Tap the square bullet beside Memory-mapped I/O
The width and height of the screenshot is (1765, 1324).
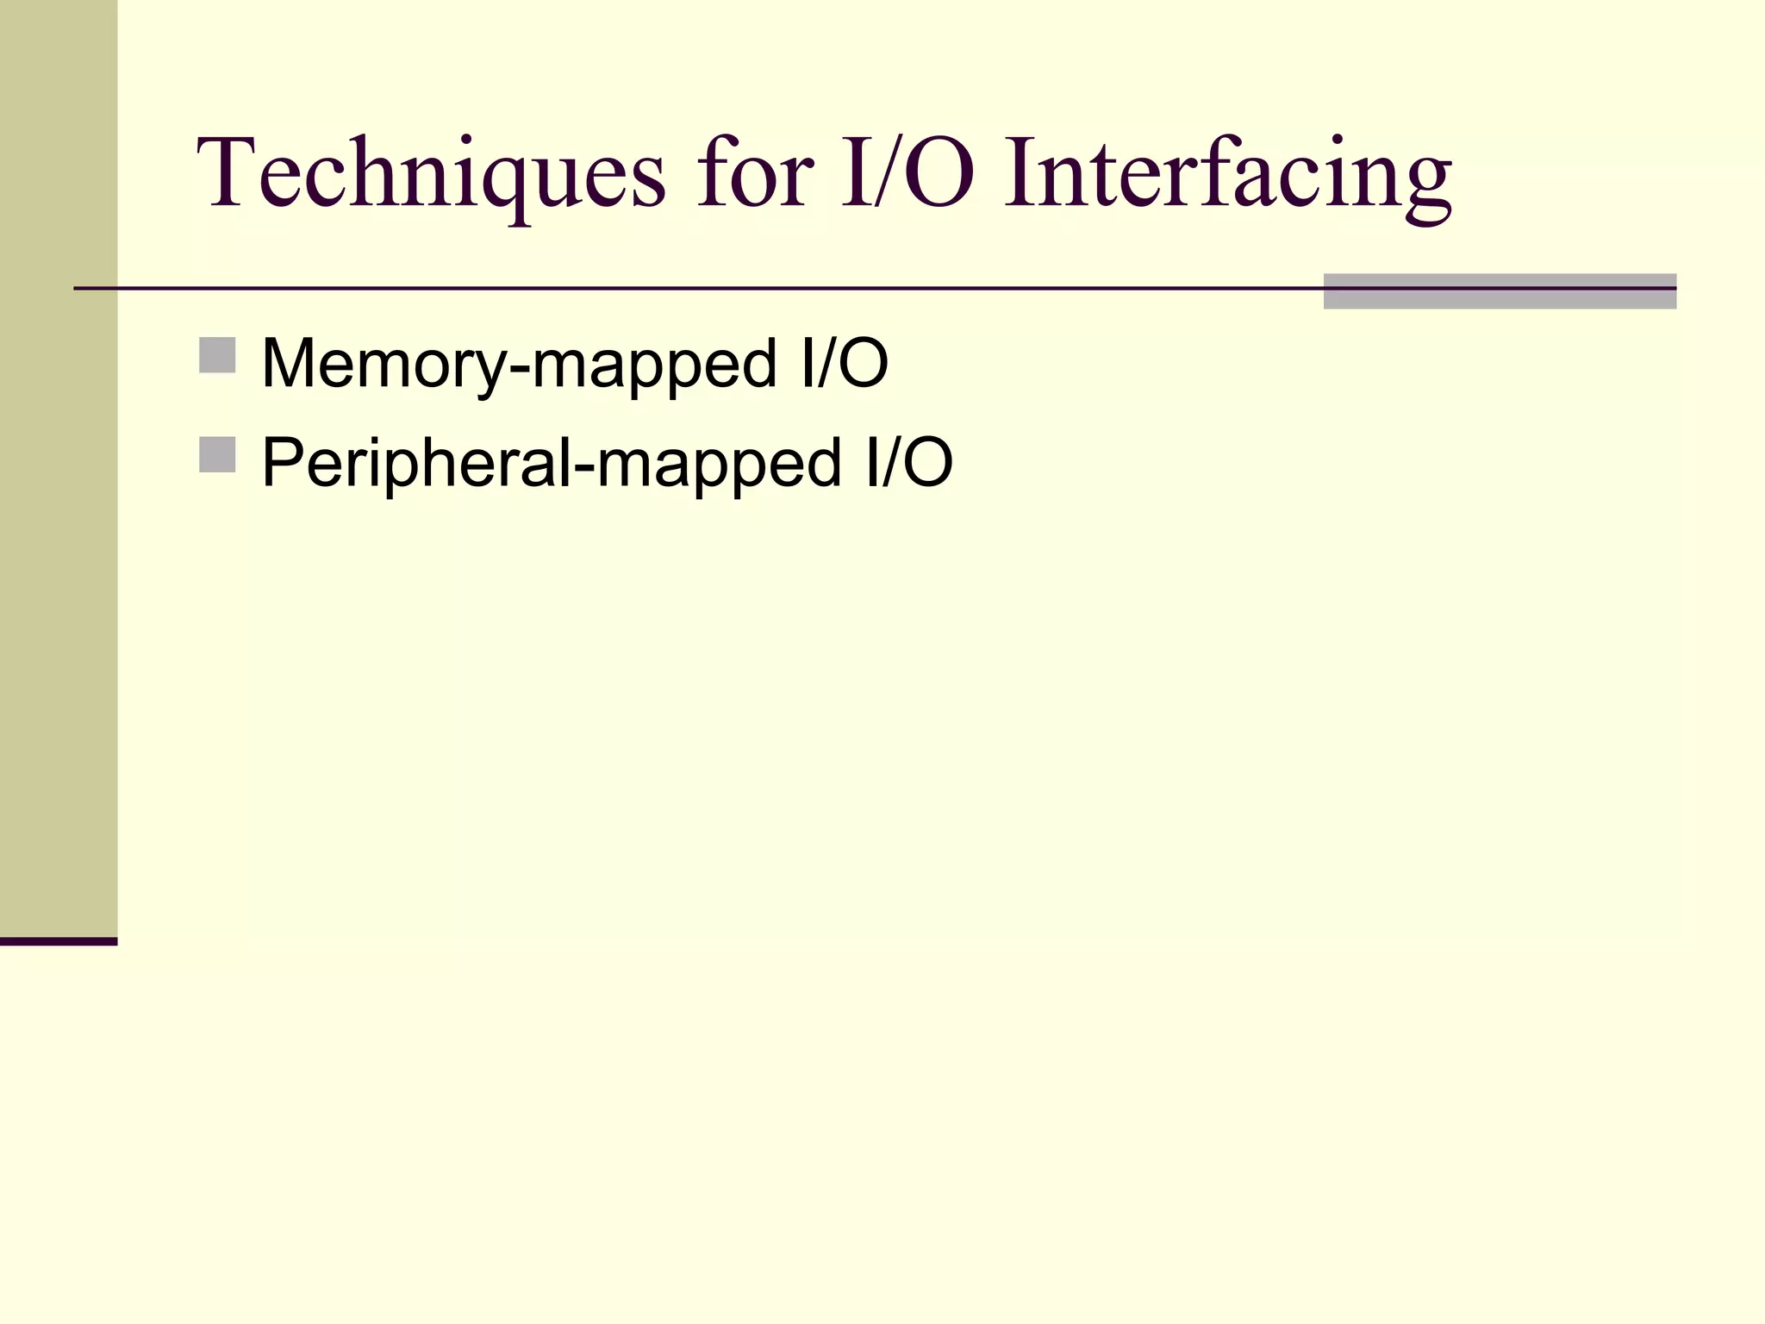click(x=217, y=355)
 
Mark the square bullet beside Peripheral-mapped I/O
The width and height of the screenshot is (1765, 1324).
click(x=217, y=454)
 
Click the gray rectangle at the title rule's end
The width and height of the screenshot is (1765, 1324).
click(x=1500, y=291)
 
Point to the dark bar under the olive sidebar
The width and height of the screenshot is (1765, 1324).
click(x=59, y=941)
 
